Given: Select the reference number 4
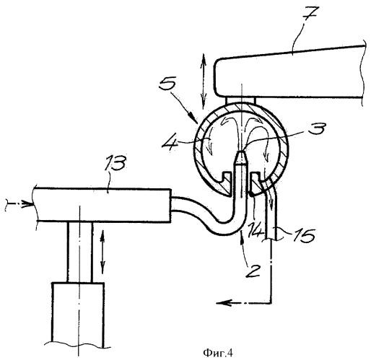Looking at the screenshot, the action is (x=170, y=144).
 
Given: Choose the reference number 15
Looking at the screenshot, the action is (x=304, y=236).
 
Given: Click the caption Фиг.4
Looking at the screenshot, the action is (x=218, y=353).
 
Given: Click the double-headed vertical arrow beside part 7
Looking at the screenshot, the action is (x=204, y=82).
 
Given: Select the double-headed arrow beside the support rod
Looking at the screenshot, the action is (x=102, y=252).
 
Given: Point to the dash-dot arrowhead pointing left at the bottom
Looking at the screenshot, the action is (x=222, y=302).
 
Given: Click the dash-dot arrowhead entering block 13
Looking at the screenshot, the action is (x=27, y=204).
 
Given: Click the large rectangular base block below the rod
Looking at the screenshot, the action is (x=78, y=315).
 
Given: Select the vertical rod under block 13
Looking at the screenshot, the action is (x=79, y=252).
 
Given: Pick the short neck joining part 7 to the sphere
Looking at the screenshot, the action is (x=240, y=100).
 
